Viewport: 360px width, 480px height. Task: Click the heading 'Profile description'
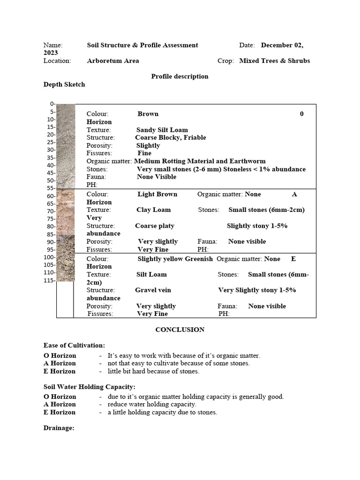pos(180,76)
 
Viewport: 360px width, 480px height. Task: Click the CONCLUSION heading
pos(180,330)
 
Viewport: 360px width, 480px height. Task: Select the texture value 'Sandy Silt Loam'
pos(162,130)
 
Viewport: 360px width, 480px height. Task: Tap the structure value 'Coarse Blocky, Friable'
pos(171,138)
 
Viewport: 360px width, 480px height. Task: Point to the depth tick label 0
pos(52,104)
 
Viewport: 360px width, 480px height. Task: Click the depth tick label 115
pos(49,280)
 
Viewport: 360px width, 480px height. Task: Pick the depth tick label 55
pos(51,188)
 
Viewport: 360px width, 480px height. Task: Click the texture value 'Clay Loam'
pos(154,210)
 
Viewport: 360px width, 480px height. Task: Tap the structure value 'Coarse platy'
pos(155,226)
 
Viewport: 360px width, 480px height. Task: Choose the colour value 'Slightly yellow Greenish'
pos(175,259)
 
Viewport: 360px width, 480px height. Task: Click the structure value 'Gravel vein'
pos(153,290)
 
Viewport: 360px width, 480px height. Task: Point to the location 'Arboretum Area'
pos(113,61)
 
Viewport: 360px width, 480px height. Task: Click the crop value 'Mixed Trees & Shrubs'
pos(275,61)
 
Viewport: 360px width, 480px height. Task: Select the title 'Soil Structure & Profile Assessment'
pos(142,45)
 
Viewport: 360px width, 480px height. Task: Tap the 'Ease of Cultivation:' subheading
pos(74,345)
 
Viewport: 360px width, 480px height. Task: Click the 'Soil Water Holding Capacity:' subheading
pos(90,387)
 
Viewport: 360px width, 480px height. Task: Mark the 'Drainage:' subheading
pos(59,428)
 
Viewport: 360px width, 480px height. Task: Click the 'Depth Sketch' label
pos(64,85)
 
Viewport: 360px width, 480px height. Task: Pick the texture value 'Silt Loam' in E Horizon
pos(151,274)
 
